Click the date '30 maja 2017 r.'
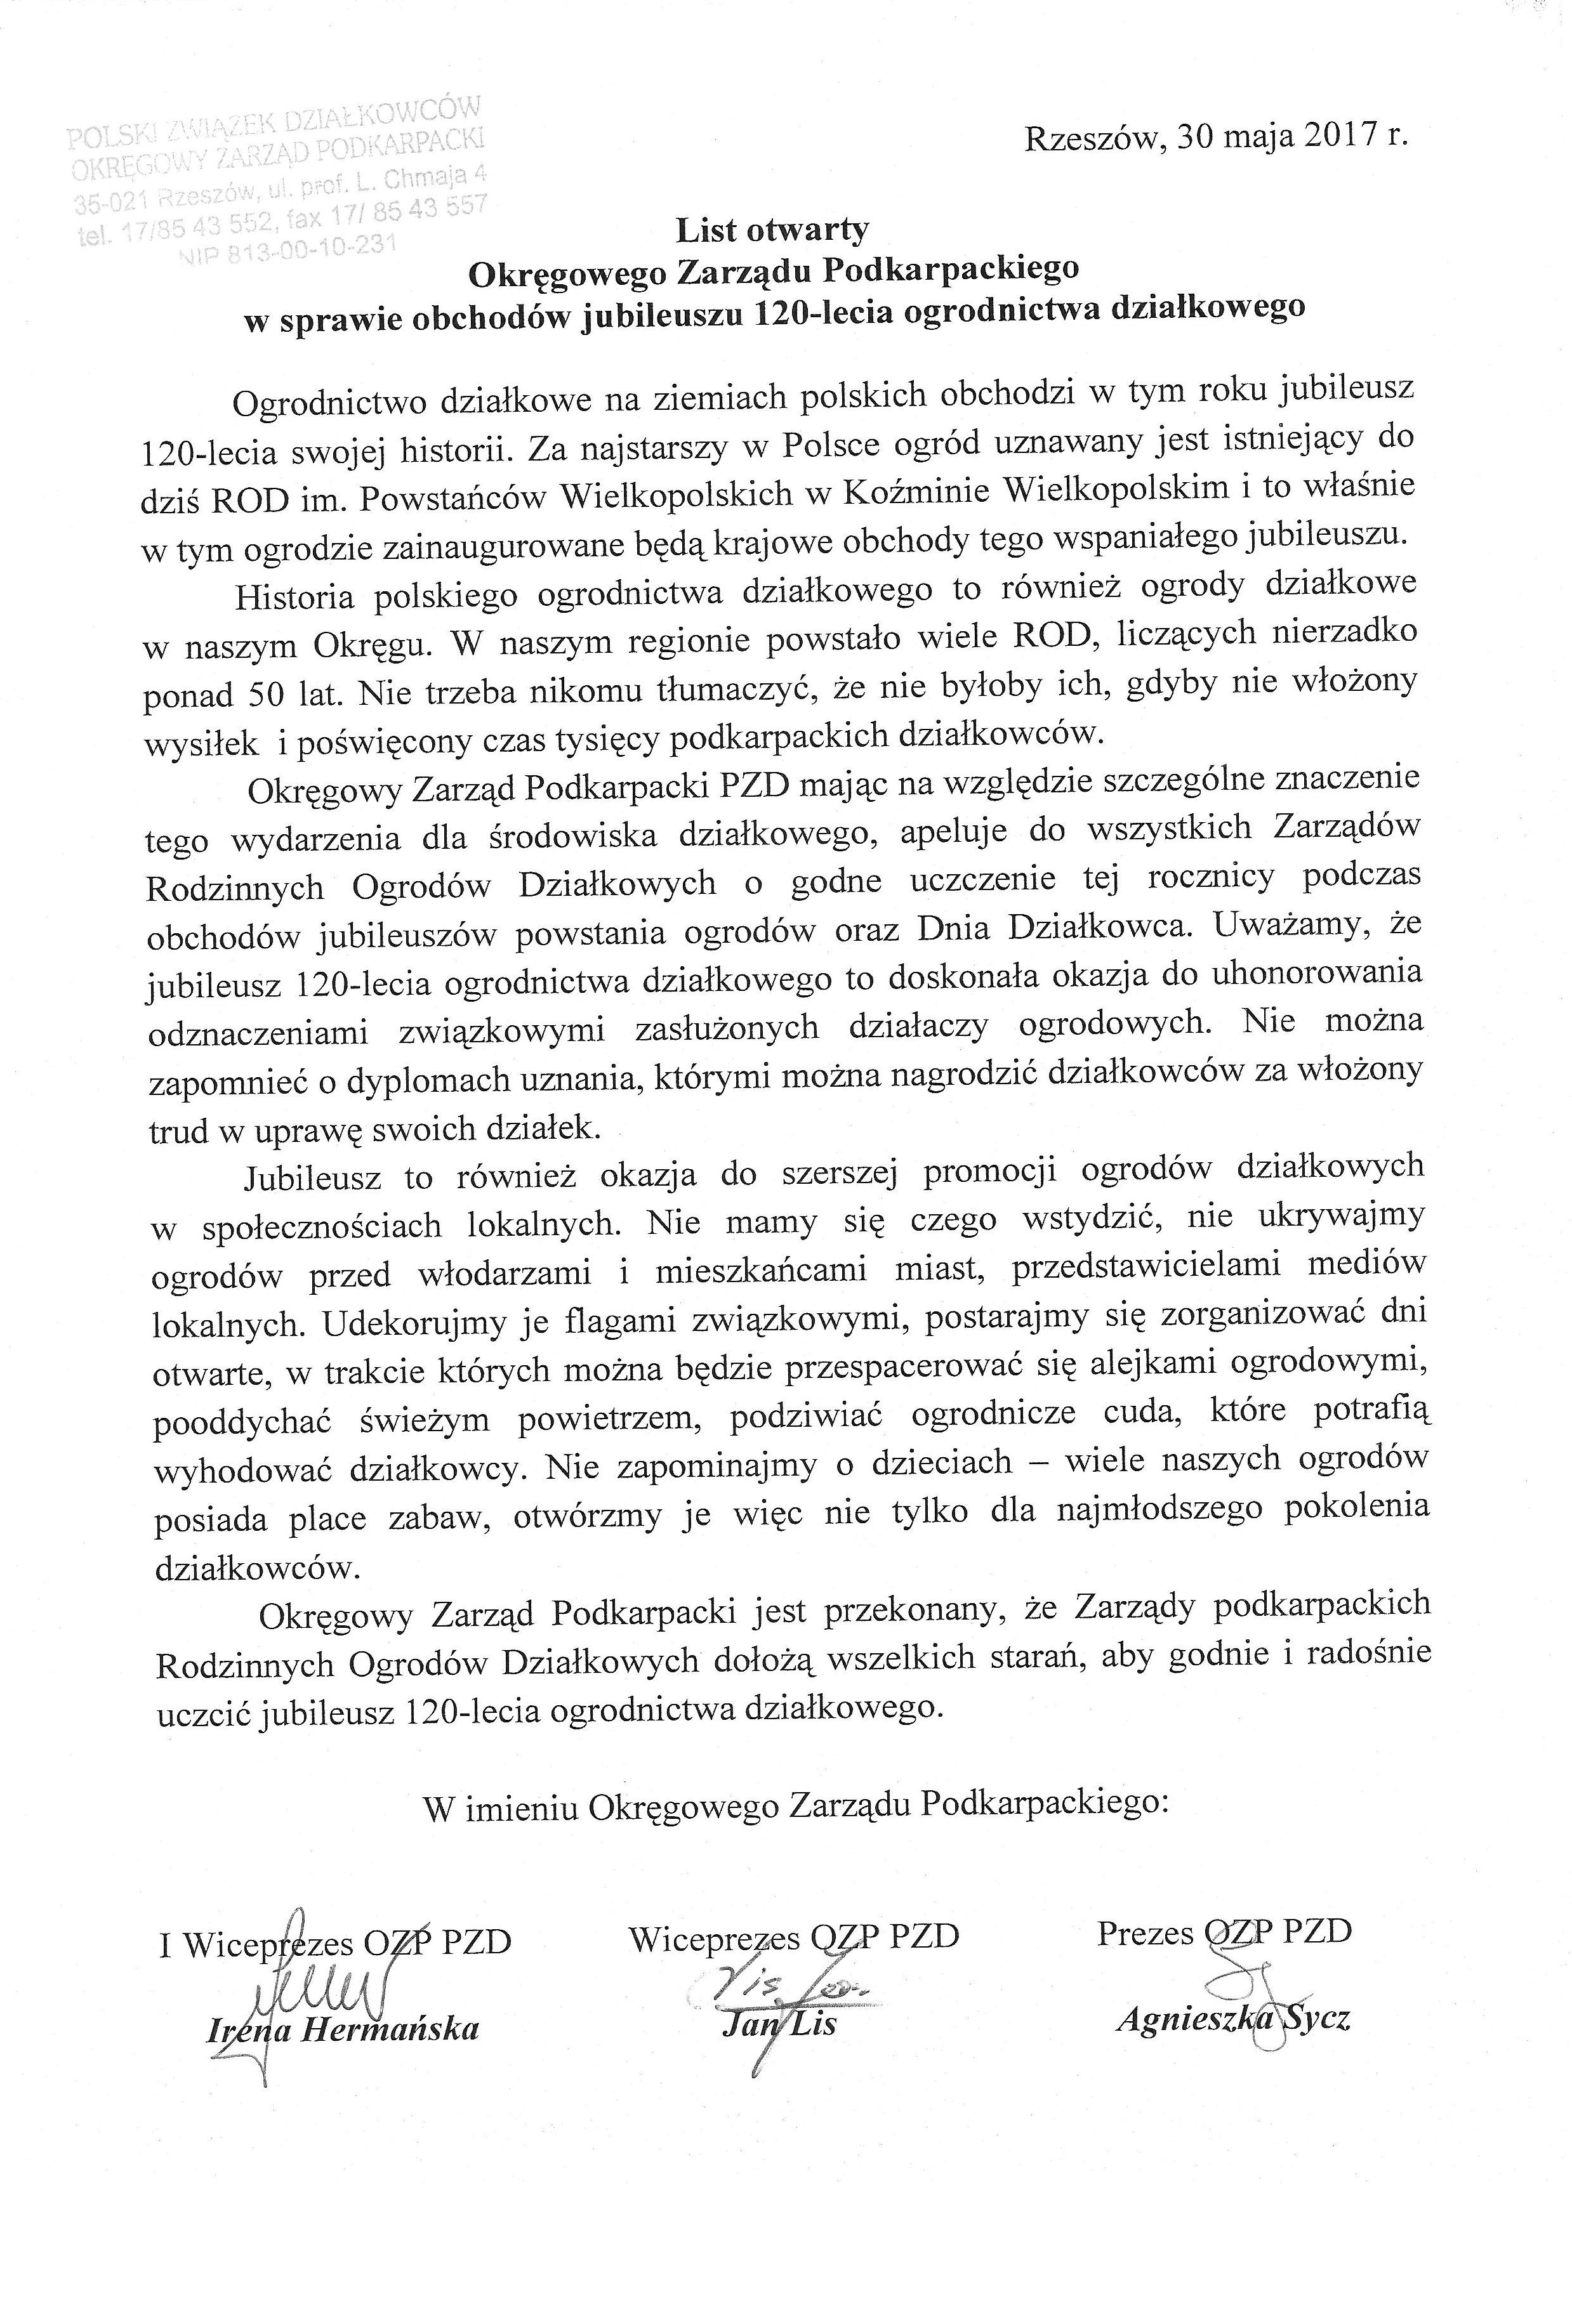tap(1291, 136)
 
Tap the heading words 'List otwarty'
tap(772, 230)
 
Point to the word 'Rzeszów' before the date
tap(1091, 138)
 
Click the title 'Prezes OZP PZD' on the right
tap(1224, 1931)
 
